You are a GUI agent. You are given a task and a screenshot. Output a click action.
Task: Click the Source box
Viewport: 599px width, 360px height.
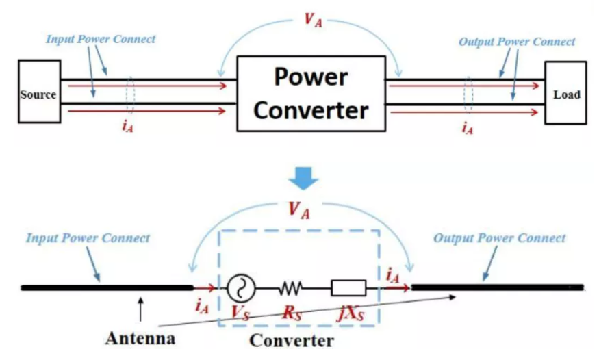point(39,91)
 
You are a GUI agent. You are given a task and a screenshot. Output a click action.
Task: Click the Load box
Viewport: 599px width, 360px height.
point(565,93)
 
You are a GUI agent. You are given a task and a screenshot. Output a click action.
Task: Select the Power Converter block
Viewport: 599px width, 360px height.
point(311,94)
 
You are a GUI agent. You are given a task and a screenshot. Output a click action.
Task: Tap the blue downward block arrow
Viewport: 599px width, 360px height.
point(303,178)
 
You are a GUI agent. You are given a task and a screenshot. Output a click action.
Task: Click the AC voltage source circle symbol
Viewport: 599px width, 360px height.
point(241,288)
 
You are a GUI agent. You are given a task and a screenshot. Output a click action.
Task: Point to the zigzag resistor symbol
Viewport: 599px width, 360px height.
point(291,288)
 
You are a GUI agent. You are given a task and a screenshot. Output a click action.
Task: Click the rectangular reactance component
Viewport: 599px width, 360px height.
point(348,288)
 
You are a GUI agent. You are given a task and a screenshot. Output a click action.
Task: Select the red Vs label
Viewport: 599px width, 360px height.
point(240,313)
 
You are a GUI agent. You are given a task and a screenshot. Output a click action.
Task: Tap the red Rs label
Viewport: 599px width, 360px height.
point(292,313)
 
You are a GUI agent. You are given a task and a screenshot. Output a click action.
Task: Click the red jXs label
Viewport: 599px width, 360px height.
point(351,313)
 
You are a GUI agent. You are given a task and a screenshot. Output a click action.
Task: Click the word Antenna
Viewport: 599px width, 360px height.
point(140,338)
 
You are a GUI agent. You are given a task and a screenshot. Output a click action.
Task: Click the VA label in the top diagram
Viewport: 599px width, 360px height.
point(313,20)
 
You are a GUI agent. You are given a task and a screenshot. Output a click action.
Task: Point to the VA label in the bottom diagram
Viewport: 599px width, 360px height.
point(298,210)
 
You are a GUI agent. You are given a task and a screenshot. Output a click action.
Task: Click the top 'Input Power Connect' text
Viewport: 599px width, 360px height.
point(101,39)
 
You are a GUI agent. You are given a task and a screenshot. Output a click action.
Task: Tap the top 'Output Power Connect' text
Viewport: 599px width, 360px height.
point(517,42)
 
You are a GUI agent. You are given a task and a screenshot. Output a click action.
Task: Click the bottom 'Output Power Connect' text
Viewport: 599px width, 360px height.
point(499,239)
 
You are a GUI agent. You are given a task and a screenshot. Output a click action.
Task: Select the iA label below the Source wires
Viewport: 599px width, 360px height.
point(127,126)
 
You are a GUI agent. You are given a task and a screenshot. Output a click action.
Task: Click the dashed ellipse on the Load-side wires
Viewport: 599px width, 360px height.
point(468,95)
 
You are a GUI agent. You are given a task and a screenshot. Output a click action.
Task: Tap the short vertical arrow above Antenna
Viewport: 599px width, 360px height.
point(140,309)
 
